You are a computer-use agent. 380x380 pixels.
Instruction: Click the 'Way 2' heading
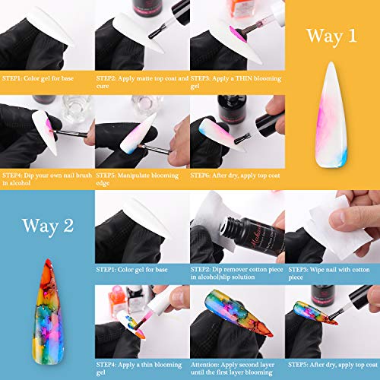[x=48, y=226]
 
